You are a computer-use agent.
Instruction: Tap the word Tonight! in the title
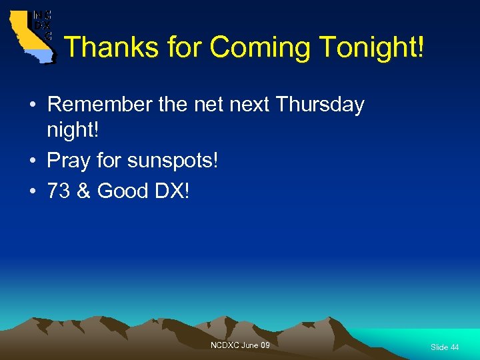pyautogui.click(x=371, y=48)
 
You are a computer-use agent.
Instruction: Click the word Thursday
pyautogui.click(x=319, y=105)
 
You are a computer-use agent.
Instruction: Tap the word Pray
pyautogui.click(x=69, y=161)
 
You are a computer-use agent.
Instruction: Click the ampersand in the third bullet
pyautogui.click(x=83, y=191)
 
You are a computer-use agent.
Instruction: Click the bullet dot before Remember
pyautogui.click(x=32, y=105)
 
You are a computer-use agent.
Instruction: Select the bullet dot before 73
pyautogui.click(x=32, y=192)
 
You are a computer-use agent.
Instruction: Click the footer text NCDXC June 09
pyautogui.click(x=240, y=345)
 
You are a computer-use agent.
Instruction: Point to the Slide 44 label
pyautogui.click(x=445, y=347)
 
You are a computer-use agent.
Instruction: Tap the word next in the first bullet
pyautogui.click(x=249, y=105)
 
